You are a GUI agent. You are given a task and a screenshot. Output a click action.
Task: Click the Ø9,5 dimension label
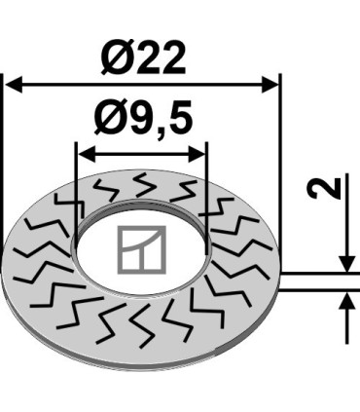(x=143, y=119)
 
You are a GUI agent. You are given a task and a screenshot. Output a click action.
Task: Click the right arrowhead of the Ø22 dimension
(x=270, y=85)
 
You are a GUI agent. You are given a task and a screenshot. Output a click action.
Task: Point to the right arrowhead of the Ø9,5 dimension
(x=197, y=154)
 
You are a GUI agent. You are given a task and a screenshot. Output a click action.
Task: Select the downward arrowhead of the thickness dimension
(x=347, y=264)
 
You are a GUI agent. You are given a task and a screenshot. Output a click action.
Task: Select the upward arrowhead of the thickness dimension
(x=347, y=300)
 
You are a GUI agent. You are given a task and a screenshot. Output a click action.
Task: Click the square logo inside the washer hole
(x=142, y=249)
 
